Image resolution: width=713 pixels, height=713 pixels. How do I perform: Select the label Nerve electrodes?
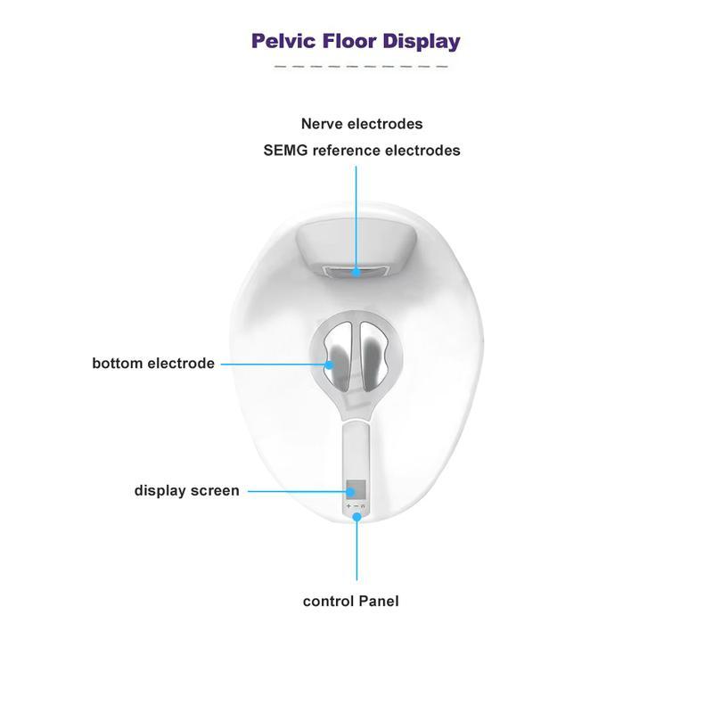pos(362,124)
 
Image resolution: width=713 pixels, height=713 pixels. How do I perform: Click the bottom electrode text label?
pos(153,363)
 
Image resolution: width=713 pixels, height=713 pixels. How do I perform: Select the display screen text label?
pos(187,491)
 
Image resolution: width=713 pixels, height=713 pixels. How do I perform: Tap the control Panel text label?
pos(350,601)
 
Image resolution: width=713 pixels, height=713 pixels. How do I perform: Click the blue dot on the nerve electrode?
pos(356,273)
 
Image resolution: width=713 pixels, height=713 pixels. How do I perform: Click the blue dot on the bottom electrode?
pos(329,365)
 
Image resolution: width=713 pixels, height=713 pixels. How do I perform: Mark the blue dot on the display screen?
pos(350,492)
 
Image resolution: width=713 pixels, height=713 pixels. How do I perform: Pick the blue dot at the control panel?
pos(357,517)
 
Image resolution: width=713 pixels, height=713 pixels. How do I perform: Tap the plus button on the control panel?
pos(348,505)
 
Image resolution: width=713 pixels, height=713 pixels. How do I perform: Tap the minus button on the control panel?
pos(356,505)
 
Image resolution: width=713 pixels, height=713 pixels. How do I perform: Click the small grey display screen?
pos(356,489)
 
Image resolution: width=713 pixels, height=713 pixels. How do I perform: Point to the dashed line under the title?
pos(361,66)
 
